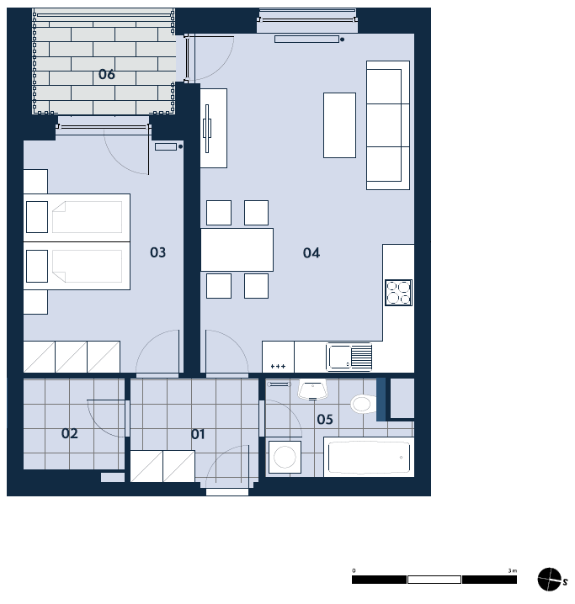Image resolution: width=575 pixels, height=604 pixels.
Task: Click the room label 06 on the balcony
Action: pyautogui.click(x=107, y=74)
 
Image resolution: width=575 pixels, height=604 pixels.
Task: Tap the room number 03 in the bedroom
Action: pyautogui.click(x=157, y=252)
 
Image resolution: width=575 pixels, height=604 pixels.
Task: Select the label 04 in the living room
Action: pyautogui.click(x=311, y=252)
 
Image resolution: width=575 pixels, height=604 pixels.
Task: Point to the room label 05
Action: pyautogui.click(x=325, y=419)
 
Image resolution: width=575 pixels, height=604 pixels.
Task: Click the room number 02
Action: pyautogui.click(x=70, y=433)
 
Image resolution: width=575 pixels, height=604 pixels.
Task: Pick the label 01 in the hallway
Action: pyautogui.click(x=198, y=434)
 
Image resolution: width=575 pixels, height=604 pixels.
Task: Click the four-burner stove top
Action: pyautogui.click(x=398, y=293)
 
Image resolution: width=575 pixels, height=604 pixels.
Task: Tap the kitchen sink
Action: pyautogui.click(x=349, y=357)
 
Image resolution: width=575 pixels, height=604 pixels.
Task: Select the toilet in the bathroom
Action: pyautogui.click(x=364, y=404)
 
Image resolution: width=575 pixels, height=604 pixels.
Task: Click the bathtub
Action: pyautogui.click(x=369, y=458)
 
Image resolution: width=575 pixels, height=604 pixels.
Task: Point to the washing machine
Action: pyautogui.click(x=285, y=457)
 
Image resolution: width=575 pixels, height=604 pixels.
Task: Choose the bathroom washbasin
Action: pyautogui.click(x=312, y=389)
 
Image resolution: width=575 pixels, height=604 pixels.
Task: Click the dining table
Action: pyautogui.click(x=237, y=250)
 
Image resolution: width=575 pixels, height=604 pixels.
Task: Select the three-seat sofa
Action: pyautogui.click(x=388, y=125)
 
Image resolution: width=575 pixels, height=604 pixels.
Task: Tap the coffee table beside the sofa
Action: pyautogui.click(x=339, y=125)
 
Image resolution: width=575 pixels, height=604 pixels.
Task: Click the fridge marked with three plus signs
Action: pyautogui.click(x=279, y=357)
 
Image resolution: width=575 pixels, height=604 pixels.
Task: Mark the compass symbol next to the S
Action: pyautogui.click(x=550, y=580)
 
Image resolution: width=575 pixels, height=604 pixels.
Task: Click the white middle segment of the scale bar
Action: pyautogui.click(x=434, y=580)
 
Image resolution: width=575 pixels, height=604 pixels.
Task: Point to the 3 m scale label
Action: pyautogui.click(x=512, y=570)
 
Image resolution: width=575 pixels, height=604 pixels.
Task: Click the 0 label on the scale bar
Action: pyautogui.click(x=354, y=570)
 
